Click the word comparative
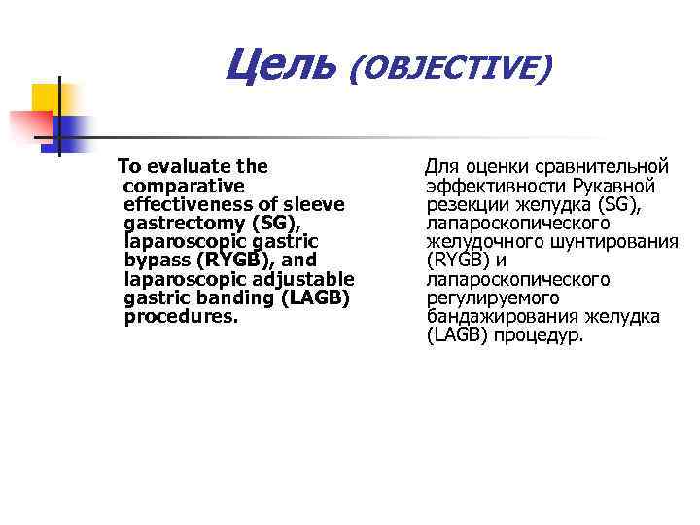click(185, 186)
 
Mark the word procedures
click(181, 317)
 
